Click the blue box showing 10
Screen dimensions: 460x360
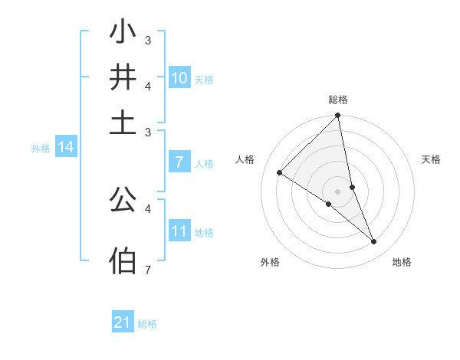(x=179, y=77)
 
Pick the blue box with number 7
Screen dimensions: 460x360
(x=179, y=162)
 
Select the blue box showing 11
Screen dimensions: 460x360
(x=179, y=231)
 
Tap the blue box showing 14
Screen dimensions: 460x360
(x=66, y=147)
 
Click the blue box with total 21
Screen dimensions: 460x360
(x=123, y=322)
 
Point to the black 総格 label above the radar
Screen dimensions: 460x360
(x=338, y=100)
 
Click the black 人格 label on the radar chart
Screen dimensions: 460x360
(x=245, y=159)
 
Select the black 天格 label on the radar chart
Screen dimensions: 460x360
(x=432, y=159)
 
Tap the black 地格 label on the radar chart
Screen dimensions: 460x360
(x=402, y=262)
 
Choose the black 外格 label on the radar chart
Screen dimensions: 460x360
(x=270, y=262)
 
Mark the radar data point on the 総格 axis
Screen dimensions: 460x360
(x=338, y=116)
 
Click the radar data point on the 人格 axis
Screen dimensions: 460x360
(x=280, y=172)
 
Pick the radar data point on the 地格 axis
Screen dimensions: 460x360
(x=374, y=242)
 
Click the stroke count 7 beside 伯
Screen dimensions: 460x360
(x=147, y=270)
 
